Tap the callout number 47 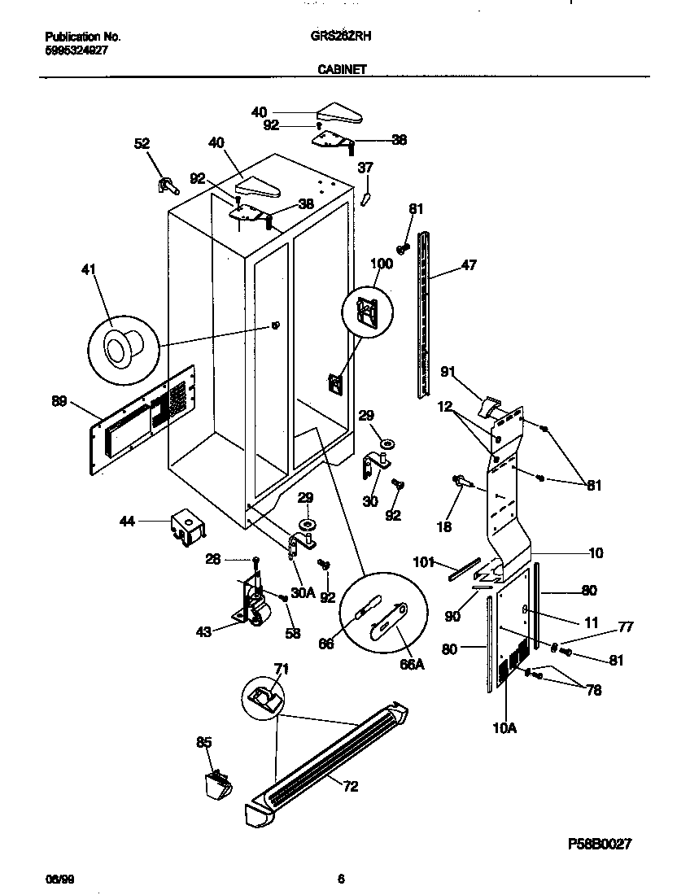point(469,264)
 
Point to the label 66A point(413,665)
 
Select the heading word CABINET point(341,71)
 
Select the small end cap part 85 point(217,785)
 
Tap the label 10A point(504,728)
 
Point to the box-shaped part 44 point(187,526)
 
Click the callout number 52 point(142,143)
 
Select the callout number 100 point(381,264)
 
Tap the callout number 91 point(447,373)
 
